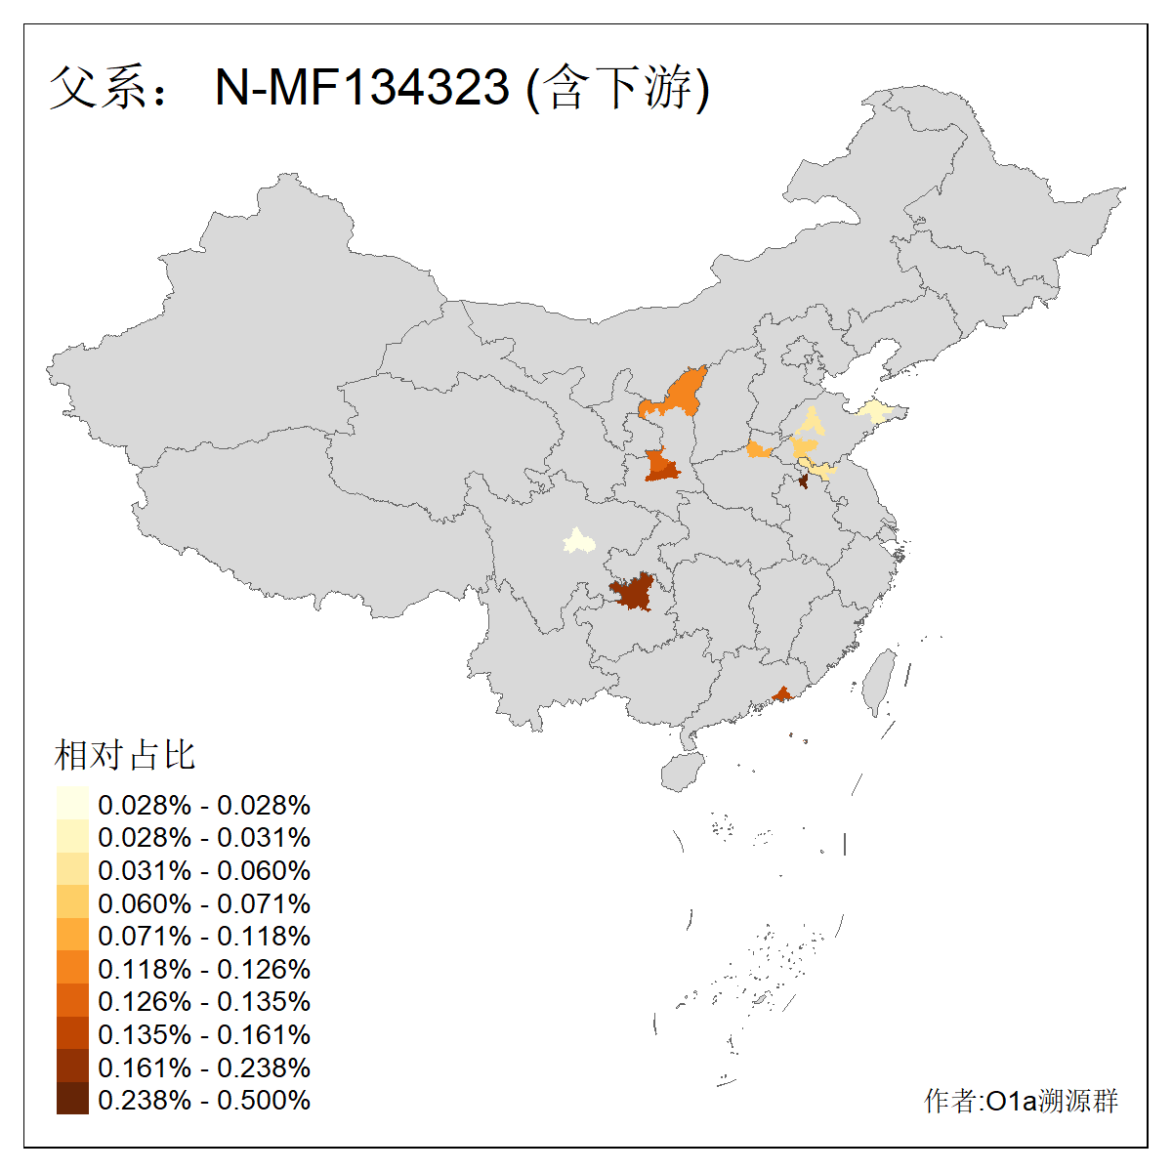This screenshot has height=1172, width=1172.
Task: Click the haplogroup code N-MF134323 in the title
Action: point(362,88)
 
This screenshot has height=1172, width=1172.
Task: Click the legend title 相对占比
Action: point(125,755)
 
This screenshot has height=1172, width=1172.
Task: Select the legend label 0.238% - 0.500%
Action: point(204,1101)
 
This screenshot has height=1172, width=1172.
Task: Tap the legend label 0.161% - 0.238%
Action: point(204,1067)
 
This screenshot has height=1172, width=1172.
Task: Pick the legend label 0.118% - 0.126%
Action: point(204,969)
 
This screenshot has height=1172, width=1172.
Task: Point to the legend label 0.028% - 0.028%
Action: point(204,805)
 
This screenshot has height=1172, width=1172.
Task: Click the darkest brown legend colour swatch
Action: point(72,1100)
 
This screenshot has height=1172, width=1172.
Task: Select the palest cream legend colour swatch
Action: point(72,804)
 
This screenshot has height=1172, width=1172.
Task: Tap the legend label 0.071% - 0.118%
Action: point(204,936)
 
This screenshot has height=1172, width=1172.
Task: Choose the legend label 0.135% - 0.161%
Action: point(204,1034)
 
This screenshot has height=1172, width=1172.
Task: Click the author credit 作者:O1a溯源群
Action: point(1021,1101)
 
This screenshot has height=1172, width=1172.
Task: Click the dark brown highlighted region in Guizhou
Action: point(633,592)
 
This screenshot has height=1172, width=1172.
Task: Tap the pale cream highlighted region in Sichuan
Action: point(579,541)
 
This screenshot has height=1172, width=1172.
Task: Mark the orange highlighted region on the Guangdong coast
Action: point(781,694)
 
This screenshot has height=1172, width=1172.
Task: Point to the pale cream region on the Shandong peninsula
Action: point(875,411)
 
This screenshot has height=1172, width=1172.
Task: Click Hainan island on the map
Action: point(682,772)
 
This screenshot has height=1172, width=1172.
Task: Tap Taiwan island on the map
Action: point(881,679)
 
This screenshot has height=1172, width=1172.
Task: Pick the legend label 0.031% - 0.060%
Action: point(204,870)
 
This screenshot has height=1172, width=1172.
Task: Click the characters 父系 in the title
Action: point(98,88)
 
